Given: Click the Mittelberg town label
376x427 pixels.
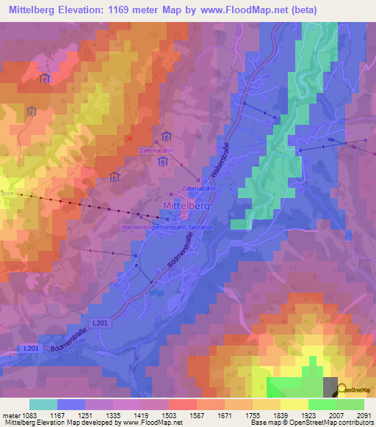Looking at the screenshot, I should [x=186, y=207].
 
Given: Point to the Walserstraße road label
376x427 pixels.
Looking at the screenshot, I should [x=220, y=160].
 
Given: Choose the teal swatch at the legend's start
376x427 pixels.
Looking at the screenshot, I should [x=43, y=404].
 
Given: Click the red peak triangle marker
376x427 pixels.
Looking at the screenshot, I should [x=130, y=136].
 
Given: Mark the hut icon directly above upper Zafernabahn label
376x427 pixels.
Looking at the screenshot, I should [x=166, y=136].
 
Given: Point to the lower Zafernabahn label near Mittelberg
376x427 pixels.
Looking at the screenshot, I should [x=197, y=189].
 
